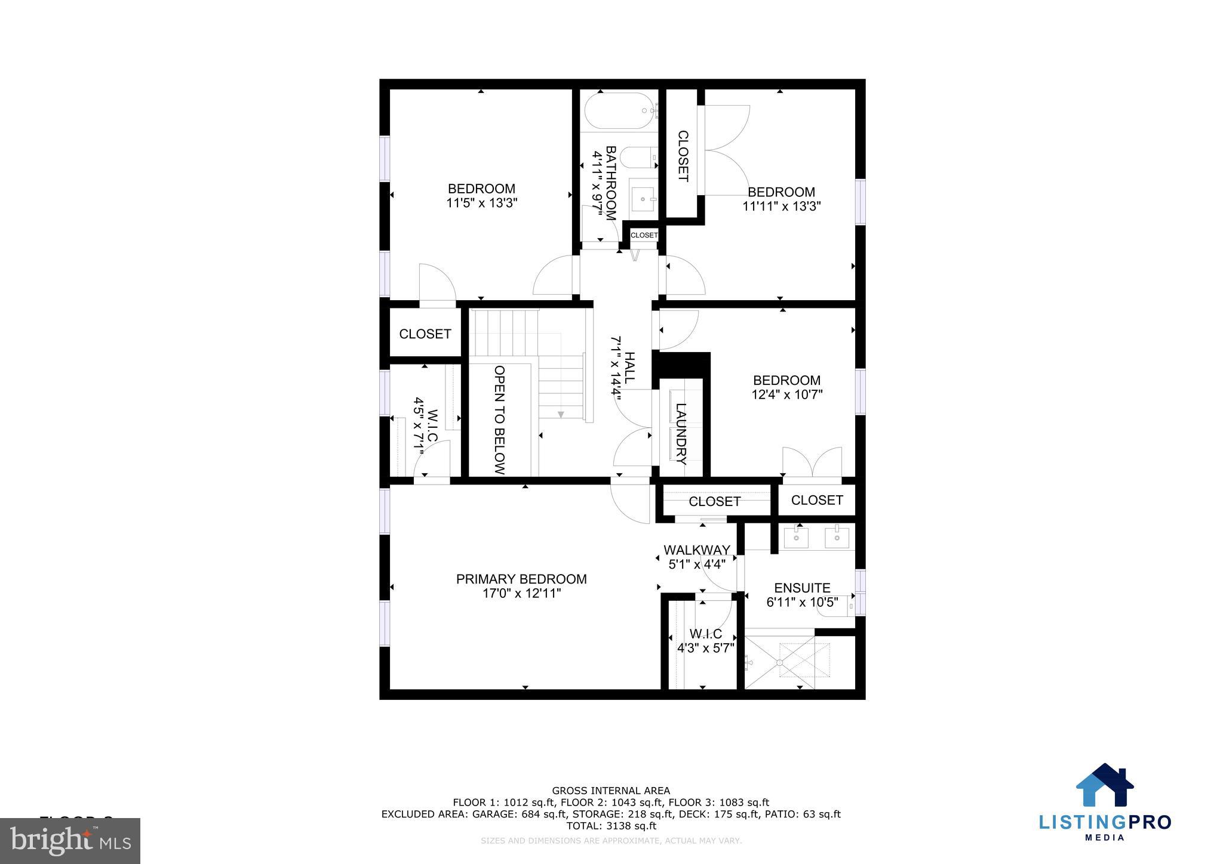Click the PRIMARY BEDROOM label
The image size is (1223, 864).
click(521, 579)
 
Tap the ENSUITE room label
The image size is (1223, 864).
click(802, 588)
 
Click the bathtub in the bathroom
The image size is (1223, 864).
click(619, 111)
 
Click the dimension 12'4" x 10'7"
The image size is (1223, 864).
click(786, 394)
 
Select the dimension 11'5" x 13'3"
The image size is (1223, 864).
click(481, 203)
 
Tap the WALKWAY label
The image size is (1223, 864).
click(696, 550)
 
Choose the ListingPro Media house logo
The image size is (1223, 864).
click(1104, 785)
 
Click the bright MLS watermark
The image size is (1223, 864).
click(70, 841)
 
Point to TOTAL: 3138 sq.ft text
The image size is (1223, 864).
click(611, 826)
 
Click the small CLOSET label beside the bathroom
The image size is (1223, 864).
click(644, 235)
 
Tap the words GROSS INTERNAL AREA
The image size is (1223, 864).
click(611, 791)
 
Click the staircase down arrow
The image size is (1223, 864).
click(560, 414)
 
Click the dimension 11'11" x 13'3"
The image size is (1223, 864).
click(781, 206)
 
